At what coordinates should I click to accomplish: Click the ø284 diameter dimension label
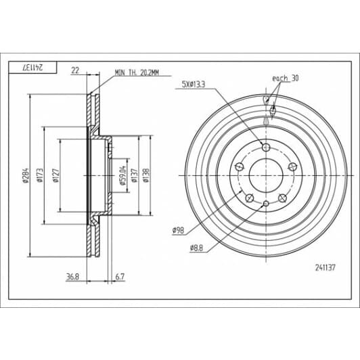(26, 175)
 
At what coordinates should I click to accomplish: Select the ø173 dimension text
(40, 175)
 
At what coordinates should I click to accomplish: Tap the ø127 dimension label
(55, 175)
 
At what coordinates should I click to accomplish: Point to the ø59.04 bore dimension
(122, 175)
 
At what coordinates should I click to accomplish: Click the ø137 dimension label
(135, 175)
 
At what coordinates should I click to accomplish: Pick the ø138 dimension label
(146, 175)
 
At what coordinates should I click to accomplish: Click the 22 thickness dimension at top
(75, 70)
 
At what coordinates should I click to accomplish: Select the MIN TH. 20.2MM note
(137, 73)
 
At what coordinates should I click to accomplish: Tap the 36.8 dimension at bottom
(72, 277)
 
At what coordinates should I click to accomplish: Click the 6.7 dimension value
(120, 277)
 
